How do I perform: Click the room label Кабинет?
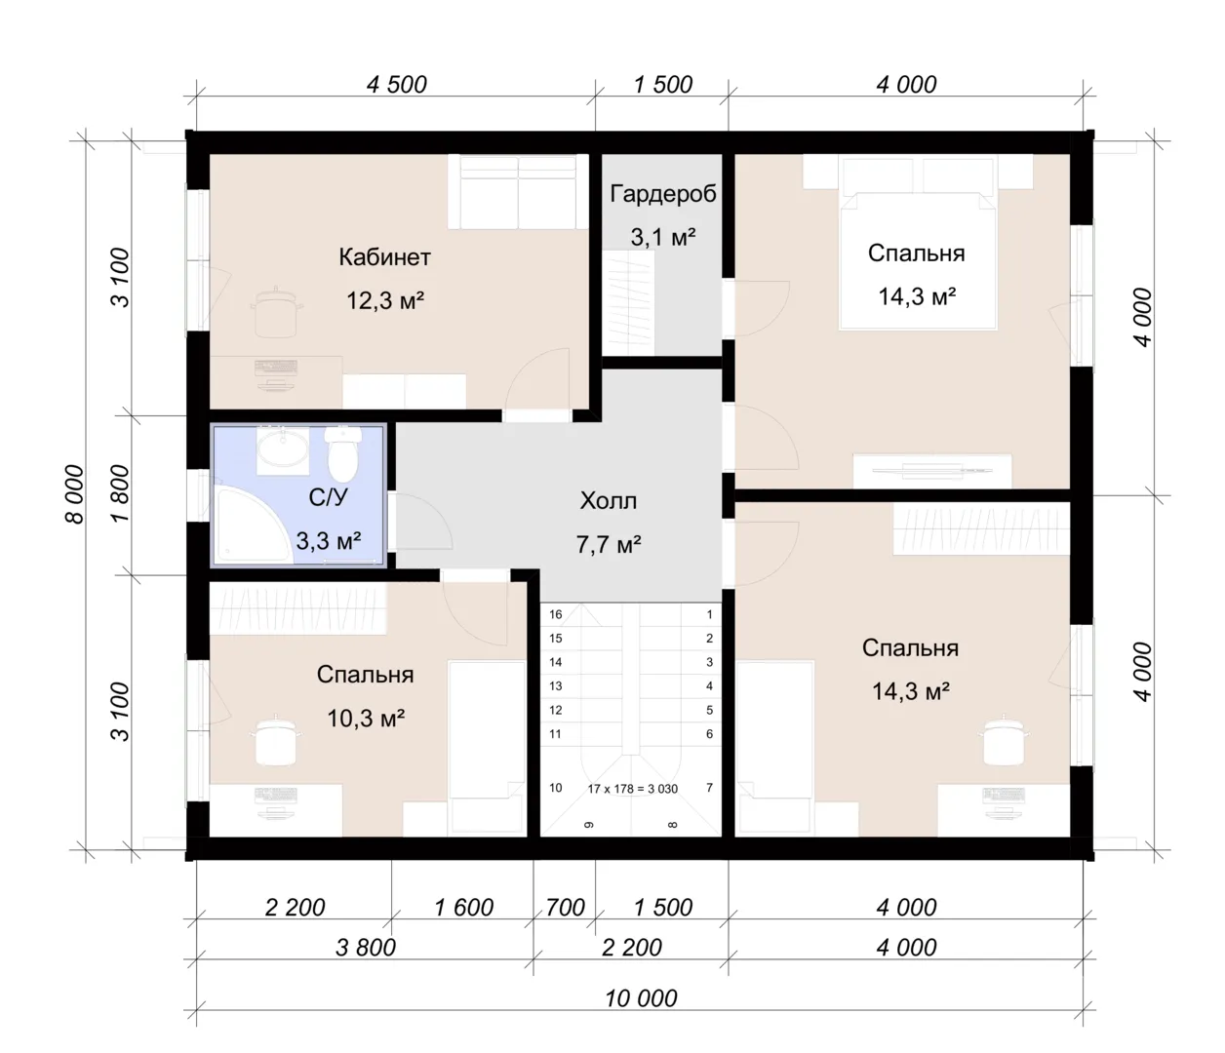click(x=384, y=257)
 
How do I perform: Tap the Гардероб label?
click(x=663, y=194)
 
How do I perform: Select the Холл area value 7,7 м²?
click(x=609, y=544)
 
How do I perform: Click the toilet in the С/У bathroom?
click(x=343, y=454)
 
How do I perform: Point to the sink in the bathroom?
click(x=283, y=449)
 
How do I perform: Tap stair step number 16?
click(x=555, y=614)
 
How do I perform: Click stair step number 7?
click(x=709, y=788)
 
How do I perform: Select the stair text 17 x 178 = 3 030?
click(x=632, y=789)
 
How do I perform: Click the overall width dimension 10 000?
click(x=641, y=998)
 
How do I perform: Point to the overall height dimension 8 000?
click(x=75, y=494)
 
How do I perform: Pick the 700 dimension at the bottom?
click(x=565, y=907)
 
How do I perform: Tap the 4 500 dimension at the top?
click(x=397, y=85)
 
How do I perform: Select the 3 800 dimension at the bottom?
click(x=366, y=948)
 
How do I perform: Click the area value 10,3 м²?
click(x=366, y=719)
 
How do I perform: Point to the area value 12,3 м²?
click(x=385, y=300)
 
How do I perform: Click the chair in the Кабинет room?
click(x=276, y=312)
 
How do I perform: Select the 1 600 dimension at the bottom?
click(x=463, y=907)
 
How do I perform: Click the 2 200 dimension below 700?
click(x=632, y=948)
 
